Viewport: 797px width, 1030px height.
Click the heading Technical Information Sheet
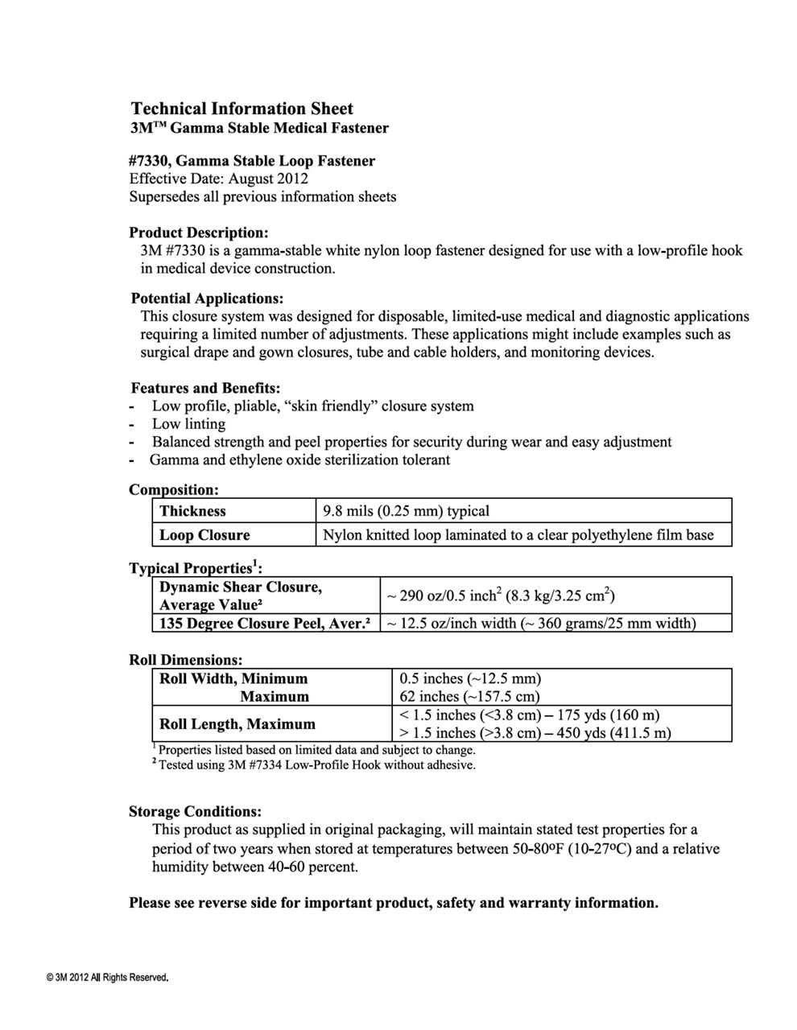click(242, 109)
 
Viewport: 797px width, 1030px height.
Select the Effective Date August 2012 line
click(218, 179)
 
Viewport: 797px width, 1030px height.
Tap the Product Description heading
click(198, 233)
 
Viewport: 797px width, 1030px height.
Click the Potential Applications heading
click(207, 299)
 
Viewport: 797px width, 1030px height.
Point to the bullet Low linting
click(188, 424)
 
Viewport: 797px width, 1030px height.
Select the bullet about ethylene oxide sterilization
click(299, 460)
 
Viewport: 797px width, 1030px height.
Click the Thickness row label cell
click(192, 511)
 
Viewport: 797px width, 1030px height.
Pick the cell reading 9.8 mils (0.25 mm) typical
click(406, 511)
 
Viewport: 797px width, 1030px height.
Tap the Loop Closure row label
click(204, 535)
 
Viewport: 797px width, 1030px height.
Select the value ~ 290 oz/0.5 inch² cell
click(501, 596)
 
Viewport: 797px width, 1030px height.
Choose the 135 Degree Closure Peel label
click(264, 624)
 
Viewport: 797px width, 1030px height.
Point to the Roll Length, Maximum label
click(237, 723)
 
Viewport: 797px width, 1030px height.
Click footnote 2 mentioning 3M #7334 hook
click(316, 765)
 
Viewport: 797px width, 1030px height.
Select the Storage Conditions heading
click(195, 811)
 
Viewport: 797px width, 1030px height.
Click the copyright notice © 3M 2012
click(108, 978)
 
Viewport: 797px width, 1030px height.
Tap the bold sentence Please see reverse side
click(394, 903)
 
